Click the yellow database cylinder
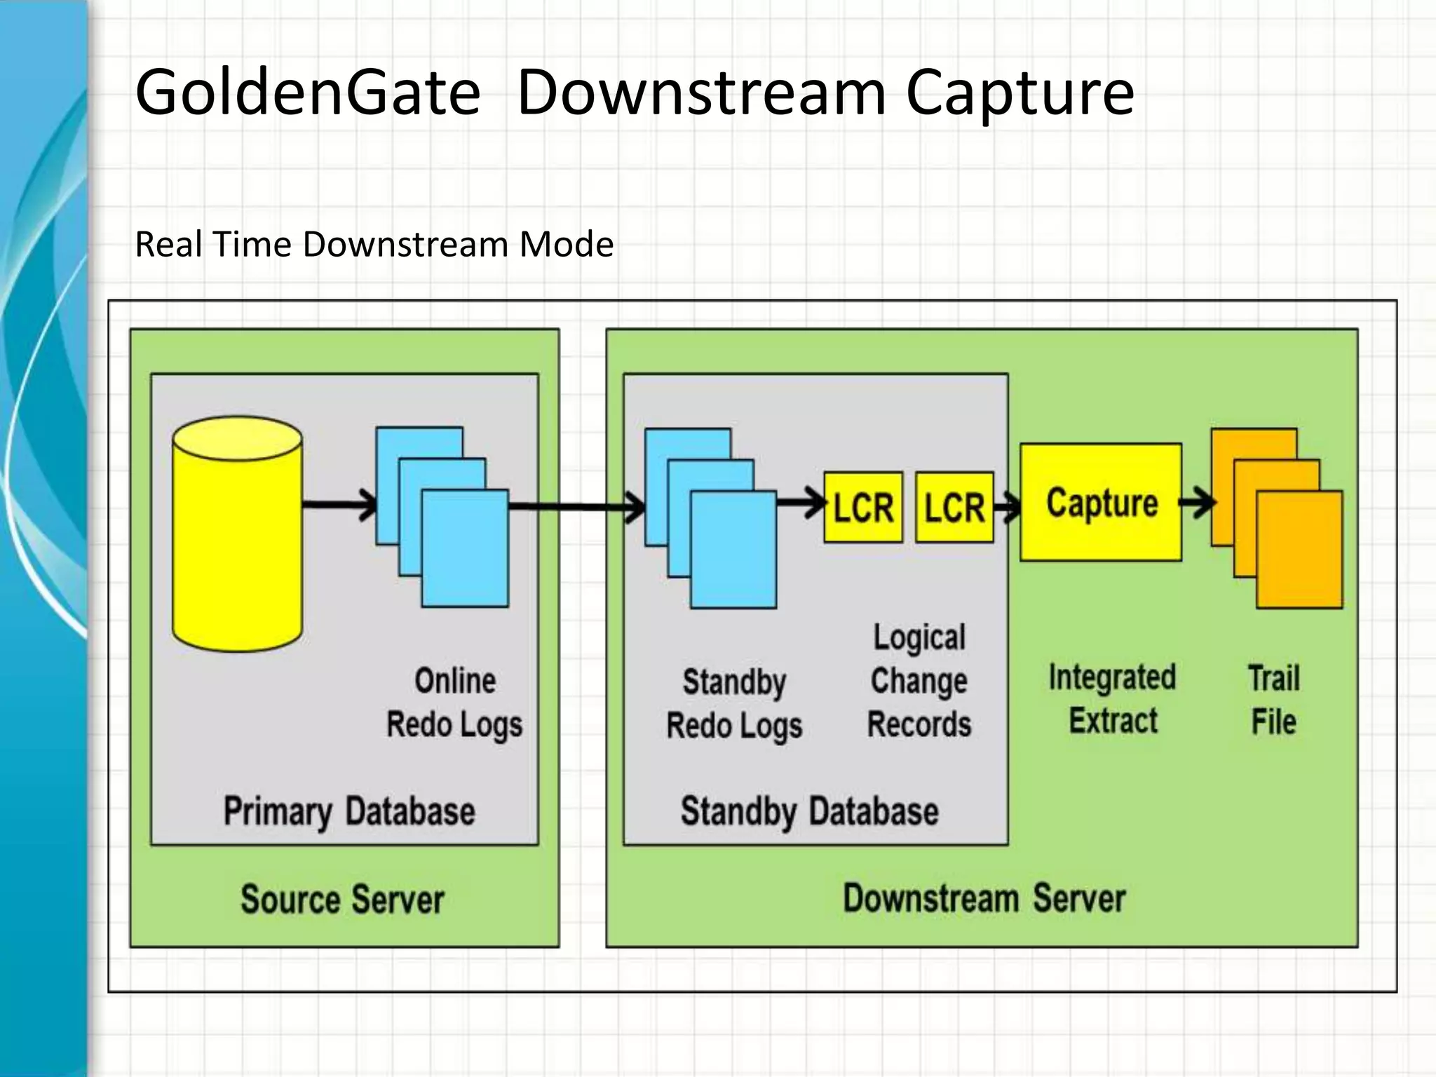(x=237, y=534)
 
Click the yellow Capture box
(x=1100, y=502)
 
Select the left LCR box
(x=862, y=507)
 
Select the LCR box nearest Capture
(x=954, y=507)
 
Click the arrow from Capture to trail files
(x=1197, y=502)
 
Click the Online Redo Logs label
(x=454, y=703)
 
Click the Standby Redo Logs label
(x=734, y=704)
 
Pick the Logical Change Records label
(x=919, y=681)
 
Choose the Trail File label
(x=1273, y=700)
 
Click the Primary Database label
(x=348, y=811)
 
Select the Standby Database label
(x=809, y=811)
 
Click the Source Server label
(x=342, y=899)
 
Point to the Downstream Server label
(x=984, y=898)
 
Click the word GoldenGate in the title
(x=307, y=91)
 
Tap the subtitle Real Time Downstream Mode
(x=374, y=244)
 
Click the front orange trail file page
(x=1299, y=549)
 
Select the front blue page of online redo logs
(x=465, y=548)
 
